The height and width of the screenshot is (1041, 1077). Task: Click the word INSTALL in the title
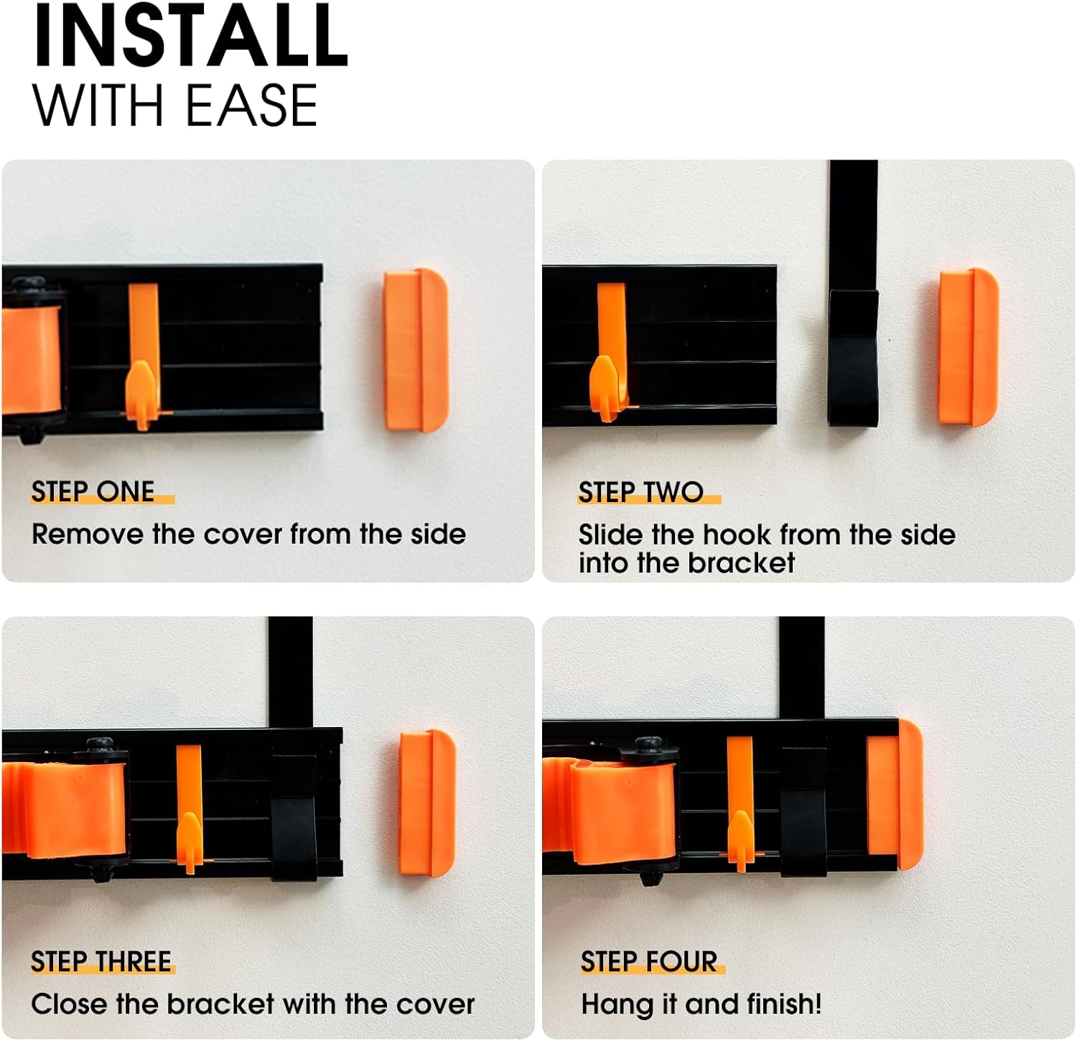pyautogui.click(x=190, y=35)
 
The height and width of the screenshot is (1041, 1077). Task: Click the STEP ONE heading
pyautogui.click(x=93, y=491)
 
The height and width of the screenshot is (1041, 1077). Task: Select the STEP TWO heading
pyautogui.click(x=640, y=491)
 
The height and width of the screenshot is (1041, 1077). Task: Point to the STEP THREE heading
pyautogui.click(x=101, y=961)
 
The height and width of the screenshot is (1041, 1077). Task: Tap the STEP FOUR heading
pyautogui.click(x=649, y=961)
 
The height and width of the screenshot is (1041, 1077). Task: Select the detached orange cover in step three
pyautogui.click(x=427, y=803)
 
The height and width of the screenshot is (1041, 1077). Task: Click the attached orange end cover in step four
pyautogui.click(x=894, y=794)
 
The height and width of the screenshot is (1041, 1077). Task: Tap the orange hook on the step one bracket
pyautogui.click(x=144, y=356)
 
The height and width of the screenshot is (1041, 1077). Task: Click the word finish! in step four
pyautogui.click(x=784, y=1004)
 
